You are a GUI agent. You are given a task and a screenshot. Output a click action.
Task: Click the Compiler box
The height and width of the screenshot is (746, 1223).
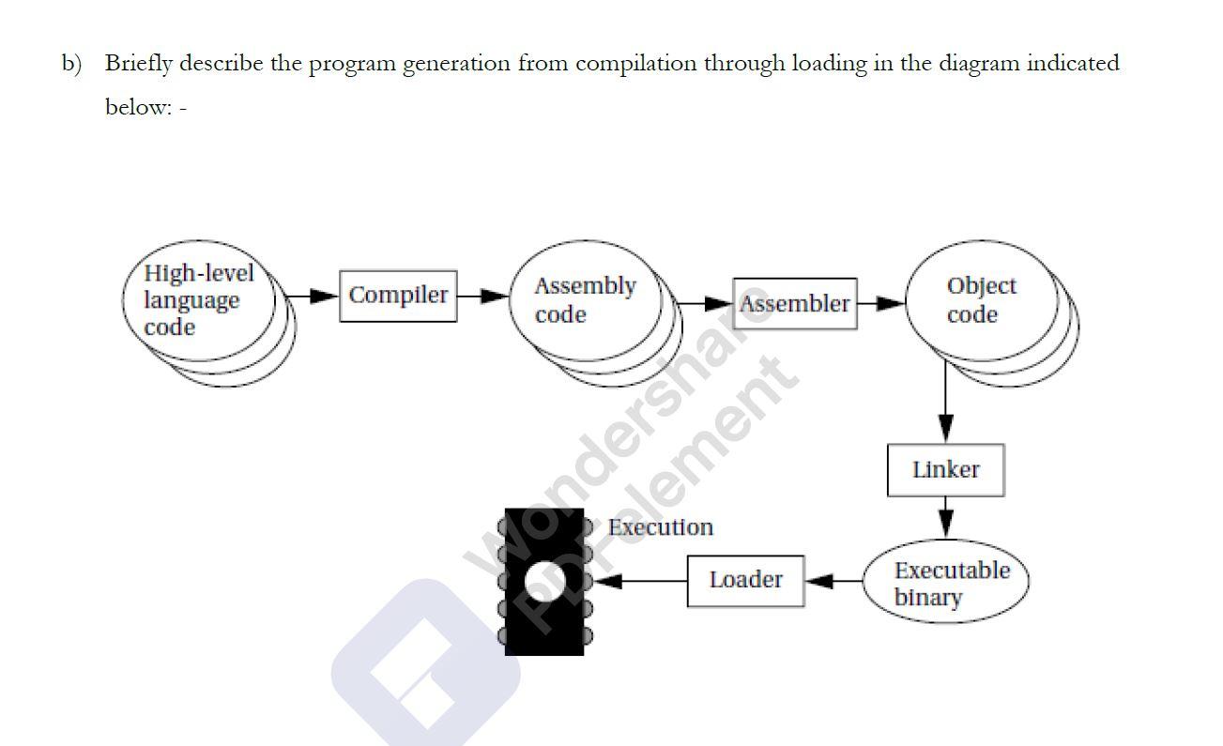[x=398, y=296]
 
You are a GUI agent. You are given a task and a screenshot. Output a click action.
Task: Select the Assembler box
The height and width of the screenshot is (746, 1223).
[x=794, y=304]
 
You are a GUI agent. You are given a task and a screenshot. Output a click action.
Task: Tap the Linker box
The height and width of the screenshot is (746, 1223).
[x=945, y=470]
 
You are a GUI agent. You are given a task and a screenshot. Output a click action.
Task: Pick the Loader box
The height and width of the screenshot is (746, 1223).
[x=745, y=581]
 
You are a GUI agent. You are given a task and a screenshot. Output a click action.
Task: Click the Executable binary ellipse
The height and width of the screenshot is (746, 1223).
[x=946, y=583]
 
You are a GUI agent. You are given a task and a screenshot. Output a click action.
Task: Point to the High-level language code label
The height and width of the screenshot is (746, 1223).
[x=198, y=300]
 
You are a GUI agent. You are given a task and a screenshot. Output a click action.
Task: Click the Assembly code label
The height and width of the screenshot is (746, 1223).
[x=584, y=300]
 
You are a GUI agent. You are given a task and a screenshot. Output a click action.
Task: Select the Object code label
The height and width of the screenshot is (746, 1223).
[x=981, y=300]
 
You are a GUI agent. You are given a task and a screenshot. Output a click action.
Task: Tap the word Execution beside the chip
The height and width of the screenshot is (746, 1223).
[x=660, y=527]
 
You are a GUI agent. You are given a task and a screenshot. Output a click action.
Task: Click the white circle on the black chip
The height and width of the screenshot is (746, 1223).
[x=544, y=581]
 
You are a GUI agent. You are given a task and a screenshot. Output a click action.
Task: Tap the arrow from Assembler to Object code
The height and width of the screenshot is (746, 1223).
[x=880, y=303]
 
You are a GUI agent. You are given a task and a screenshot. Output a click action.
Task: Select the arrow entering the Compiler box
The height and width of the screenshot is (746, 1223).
[x=310, y=296]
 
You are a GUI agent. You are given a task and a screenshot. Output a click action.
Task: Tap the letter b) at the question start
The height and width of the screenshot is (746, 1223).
[x=72, y=64]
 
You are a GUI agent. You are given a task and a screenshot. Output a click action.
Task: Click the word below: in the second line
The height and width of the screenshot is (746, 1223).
[x=138, y=107]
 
